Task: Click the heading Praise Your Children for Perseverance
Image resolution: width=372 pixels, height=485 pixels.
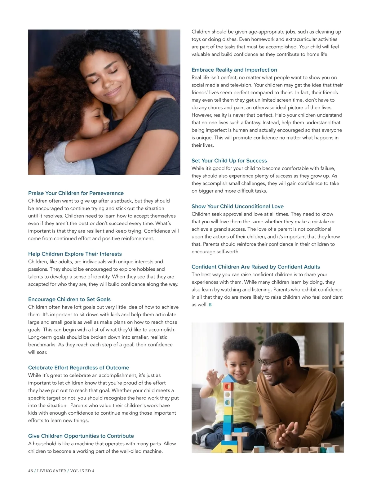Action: pyautogui.click(x=76, y=193)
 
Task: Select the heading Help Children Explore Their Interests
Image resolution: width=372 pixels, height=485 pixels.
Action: pyautogui.click(x=75, y=254)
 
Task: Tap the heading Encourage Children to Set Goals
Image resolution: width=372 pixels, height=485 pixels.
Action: pyautogui.click(x=69, y=299)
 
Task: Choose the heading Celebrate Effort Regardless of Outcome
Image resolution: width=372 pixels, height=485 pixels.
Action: pyautogui.click(x=78, y=367)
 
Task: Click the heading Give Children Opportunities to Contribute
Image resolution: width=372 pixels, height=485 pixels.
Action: pyautogui.click(x=81, y=436)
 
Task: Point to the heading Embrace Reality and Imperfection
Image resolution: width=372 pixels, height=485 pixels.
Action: pyautogui.click(x=234, y=70)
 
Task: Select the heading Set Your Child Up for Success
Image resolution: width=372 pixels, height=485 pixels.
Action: pyautogui.click(x=229, y=161)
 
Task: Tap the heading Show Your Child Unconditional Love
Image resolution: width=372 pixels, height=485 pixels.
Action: pyautogui.click(x=237, y=206)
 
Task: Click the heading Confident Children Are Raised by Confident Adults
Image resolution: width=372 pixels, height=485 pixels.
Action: pyautogui.click(x=255, y=267)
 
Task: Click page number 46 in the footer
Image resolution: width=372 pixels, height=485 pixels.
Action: pyautogui.click(x=30, y=471)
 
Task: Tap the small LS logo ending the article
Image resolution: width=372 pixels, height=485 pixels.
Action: pyautogui.click(x=210, y=305)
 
